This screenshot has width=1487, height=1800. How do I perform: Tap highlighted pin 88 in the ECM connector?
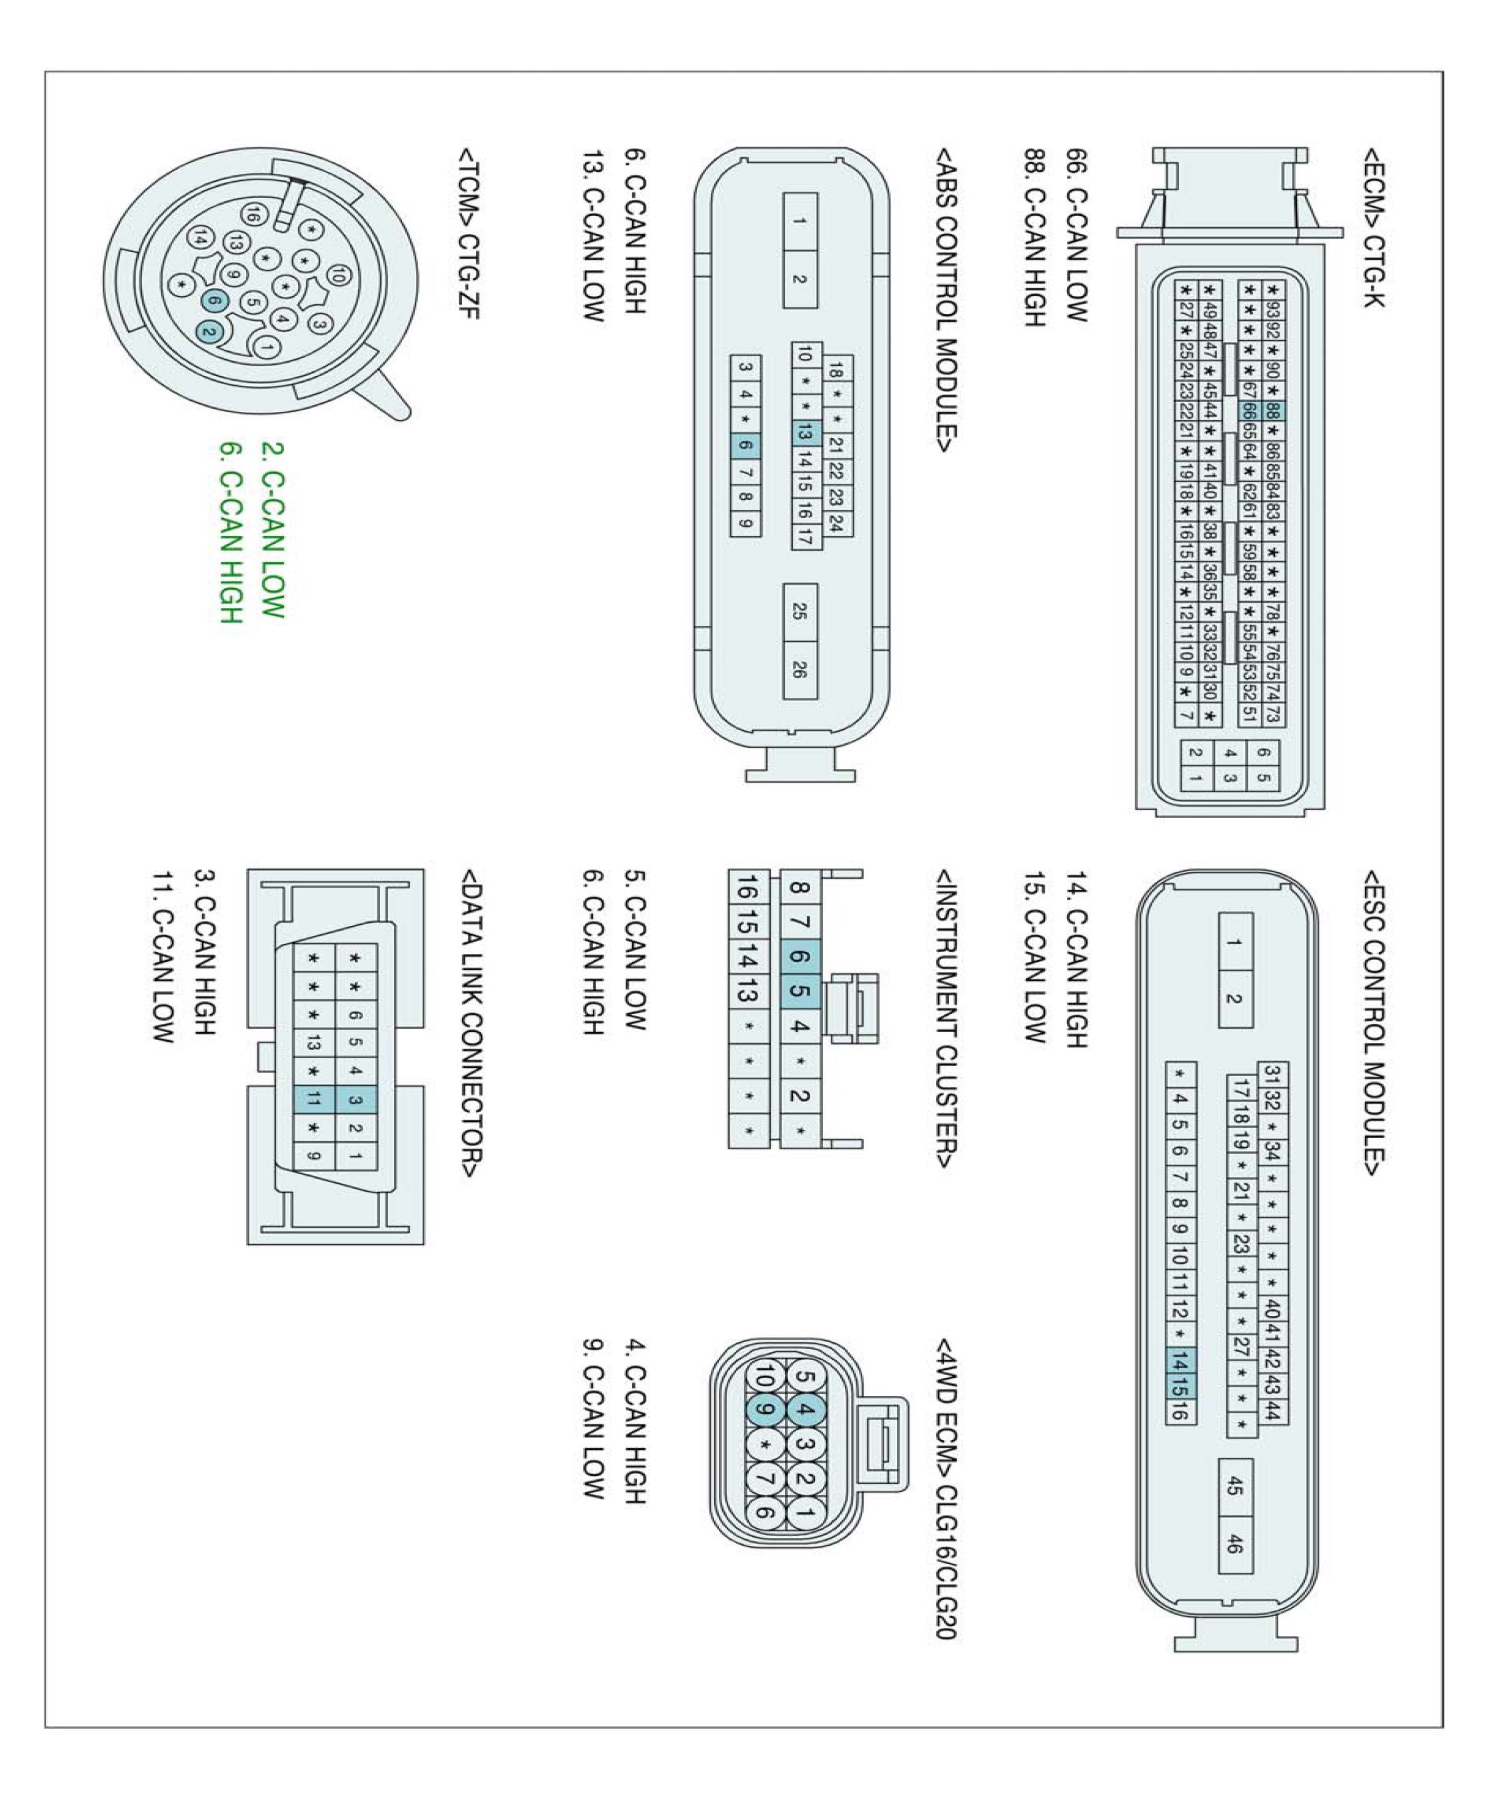(1272, 412)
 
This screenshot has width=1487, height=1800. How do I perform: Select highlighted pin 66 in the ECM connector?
(1249, 412)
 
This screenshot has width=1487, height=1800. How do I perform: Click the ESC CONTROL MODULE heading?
(1373, 1023)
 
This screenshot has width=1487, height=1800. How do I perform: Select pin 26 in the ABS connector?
(800, 669)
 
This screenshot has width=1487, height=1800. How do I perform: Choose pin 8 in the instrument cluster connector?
(798, 888)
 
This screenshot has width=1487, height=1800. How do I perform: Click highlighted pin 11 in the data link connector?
(313, 1099)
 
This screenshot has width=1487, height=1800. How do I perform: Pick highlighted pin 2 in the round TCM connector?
(209, 331)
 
